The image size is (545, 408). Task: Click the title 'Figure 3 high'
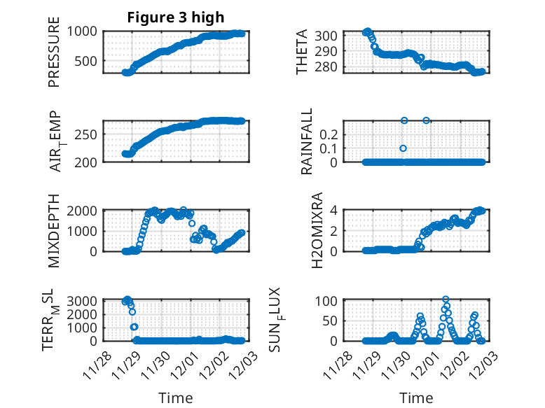click(175, 17)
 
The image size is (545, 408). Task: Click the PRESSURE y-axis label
click(54, 52)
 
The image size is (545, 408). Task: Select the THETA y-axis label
click(302, 52)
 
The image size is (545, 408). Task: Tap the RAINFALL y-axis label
click(307, 142)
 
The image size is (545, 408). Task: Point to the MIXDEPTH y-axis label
click(54, 231)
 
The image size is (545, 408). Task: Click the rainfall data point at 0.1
click(403, 148)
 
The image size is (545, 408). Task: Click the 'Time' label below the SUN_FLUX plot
click(416, 398)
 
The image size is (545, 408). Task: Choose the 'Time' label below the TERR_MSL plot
click(175, 398)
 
